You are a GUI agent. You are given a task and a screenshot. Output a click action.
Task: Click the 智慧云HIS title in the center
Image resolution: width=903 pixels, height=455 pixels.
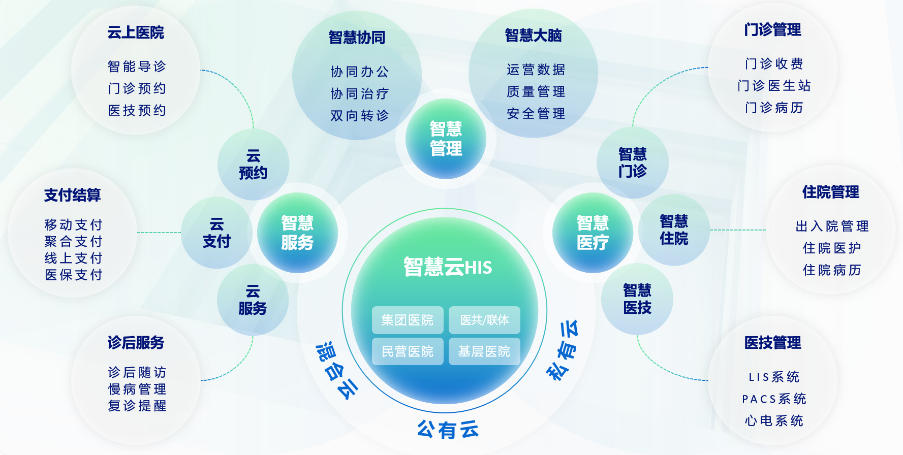tap(447, 267)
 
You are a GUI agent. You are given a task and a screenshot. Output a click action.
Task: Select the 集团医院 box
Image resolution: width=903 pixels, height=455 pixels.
tap(408, 320)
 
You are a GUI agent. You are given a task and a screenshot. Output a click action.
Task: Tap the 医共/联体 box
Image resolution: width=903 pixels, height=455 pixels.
tap(484, 320)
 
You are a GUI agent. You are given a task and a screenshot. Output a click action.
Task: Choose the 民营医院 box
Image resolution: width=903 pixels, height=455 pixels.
tap(408, 351)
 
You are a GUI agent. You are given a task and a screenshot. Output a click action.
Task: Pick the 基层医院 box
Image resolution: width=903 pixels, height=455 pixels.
tap(484, 351)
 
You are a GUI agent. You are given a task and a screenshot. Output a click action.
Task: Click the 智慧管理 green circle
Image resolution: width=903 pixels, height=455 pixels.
tap(446, 139)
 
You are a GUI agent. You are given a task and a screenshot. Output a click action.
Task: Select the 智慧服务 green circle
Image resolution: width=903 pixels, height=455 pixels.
tap(297, 233)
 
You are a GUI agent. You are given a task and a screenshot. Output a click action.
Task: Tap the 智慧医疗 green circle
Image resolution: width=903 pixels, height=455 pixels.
tap(593, 233)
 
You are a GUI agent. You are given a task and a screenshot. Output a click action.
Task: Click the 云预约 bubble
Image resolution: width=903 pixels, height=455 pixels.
tap(253, 165)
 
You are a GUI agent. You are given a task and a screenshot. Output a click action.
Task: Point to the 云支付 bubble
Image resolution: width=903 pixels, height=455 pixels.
tap(216, 233)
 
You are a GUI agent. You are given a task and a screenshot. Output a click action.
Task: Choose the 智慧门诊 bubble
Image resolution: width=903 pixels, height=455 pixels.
tap(632, 162)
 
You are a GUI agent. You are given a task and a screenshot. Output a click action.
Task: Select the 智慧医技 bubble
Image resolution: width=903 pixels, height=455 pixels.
tap(637, 299)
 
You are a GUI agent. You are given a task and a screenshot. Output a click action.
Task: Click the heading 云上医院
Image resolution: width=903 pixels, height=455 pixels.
tap(136, 32)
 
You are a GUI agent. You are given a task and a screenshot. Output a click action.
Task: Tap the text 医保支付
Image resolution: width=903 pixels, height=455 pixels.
tap(74, 275)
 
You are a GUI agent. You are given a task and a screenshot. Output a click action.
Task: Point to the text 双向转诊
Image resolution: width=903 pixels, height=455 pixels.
tap(359, 116)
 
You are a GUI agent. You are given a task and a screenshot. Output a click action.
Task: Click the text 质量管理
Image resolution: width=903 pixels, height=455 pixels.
tap(536, 91)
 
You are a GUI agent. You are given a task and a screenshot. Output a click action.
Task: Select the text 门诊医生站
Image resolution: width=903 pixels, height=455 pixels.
tap(774, 85)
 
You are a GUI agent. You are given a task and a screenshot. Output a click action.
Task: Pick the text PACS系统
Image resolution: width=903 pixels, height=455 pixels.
tap(774, 399)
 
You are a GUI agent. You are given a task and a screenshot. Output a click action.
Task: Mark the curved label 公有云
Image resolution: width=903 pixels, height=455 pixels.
tap(448, 430)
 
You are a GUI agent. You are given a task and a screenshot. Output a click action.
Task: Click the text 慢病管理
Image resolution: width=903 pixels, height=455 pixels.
tap(137, 389)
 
